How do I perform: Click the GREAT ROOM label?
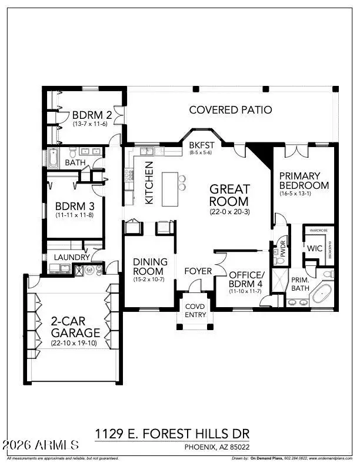pos(230,195)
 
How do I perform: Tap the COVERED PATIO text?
pos(230,109)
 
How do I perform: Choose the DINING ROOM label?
pos(150,267)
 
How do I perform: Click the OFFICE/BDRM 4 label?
pos(245,279)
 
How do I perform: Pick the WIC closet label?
pos(314,249)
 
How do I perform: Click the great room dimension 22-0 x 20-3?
pos(230,211)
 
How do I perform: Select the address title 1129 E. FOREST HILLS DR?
pos(171,434)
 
